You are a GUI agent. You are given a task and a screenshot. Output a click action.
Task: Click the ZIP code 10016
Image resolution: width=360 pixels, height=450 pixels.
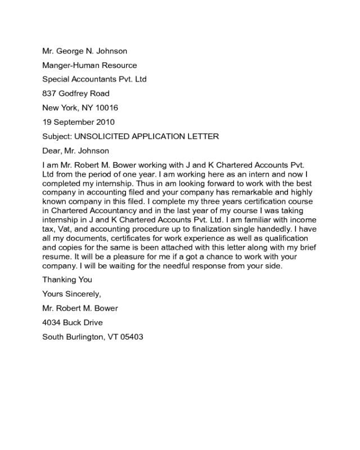107,107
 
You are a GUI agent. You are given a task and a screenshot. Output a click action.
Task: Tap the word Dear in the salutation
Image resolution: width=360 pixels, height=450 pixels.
52,151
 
